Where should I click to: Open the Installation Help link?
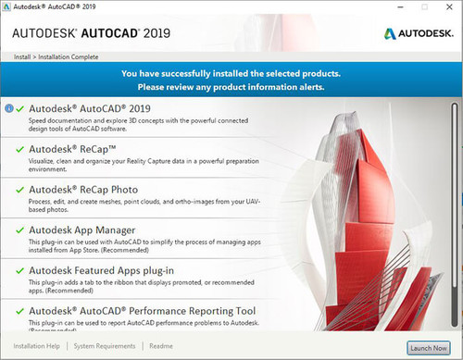37,346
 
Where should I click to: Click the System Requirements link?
105,346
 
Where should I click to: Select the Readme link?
161,346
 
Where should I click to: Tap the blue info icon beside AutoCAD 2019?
9,108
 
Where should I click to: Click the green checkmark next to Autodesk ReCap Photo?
19,189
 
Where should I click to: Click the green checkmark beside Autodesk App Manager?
19,229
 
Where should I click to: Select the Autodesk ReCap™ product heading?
71,148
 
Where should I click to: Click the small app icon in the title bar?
7,7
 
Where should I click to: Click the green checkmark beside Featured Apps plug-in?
19,269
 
